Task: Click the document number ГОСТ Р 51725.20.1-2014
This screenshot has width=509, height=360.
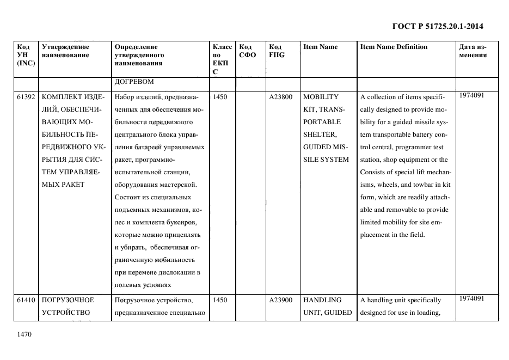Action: click(x=438, y=26)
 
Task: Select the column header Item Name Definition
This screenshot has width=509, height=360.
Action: click(x=394, y=47)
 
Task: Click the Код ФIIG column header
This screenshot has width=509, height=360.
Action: click(x=277, y=51)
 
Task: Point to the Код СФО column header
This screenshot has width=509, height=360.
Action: click(x=247, y=51)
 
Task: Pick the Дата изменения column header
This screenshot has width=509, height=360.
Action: click(x=473, y=51)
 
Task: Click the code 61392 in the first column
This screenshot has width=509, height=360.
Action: click(x=26, y=97)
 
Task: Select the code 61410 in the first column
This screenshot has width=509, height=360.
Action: click(x=26, y=300)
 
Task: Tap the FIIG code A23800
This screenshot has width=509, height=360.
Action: click(x=280, y=97)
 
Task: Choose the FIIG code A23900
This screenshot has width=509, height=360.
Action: click(x=280, y=300)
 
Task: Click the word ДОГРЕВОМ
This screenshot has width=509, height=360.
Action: click(x=134, y=82)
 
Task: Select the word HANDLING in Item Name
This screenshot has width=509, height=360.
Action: click(x=322, y=300)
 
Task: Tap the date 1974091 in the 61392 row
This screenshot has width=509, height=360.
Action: click(x=471, y=95)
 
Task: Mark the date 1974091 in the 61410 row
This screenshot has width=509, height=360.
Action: click(x=471, y=298)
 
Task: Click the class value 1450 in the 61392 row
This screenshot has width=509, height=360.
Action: click(x=220, y=97)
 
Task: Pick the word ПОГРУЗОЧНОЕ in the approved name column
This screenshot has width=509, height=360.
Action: click(x=68, y=300)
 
